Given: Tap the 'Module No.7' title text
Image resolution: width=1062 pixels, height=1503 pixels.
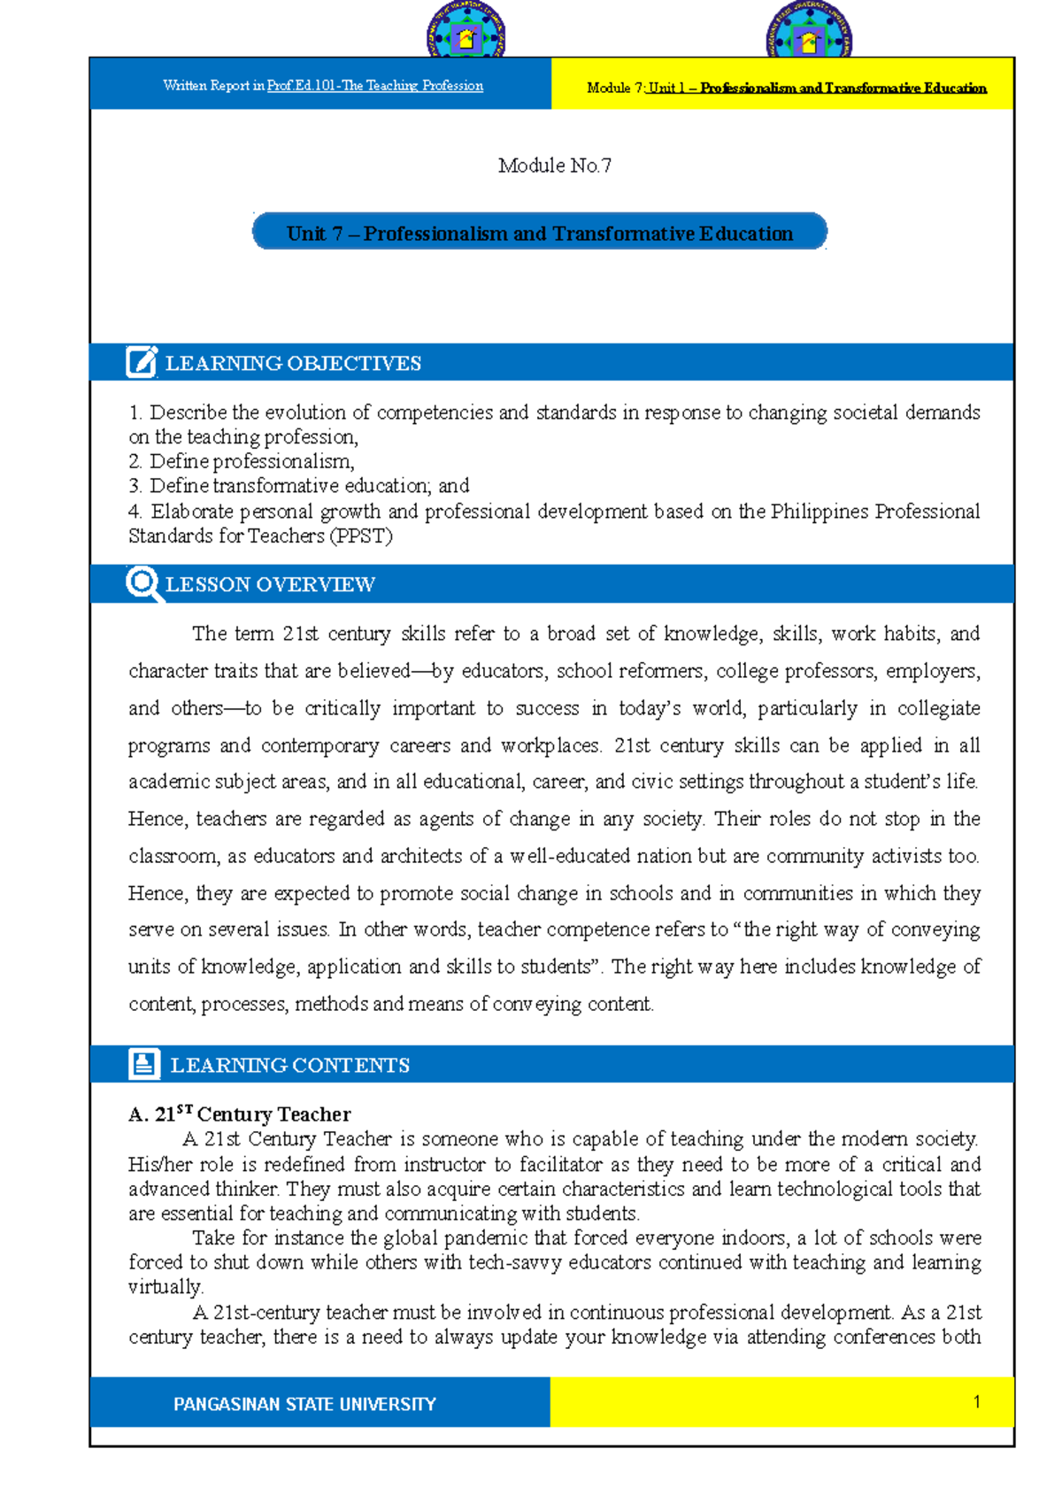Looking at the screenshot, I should (x=554, y=166).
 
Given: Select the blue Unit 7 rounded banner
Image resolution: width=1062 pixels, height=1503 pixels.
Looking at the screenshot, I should (x=540, y=233).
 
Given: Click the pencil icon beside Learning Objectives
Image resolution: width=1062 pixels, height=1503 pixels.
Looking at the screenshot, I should (x=142, y=362).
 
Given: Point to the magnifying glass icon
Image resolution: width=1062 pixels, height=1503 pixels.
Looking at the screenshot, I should (x=143, y=584).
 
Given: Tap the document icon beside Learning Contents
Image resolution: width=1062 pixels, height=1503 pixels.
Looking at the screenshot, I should (x=143, y=1063).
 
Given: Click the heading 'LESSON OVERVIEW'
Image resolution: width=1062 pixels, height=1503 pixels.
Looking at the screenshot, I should (x=270, y=584).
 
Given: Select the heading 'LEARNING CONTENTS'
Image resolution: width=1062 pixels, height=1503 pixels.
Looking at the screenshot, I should (x=289, y=1065).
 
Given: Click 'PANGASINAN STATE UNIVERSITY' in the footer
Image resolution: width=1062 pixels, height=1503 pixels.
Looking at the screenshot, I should (x=304, y=1404).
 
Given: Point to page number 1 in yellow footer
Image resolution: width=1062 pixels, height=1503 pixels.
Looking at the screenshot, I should (x=976, y=1401).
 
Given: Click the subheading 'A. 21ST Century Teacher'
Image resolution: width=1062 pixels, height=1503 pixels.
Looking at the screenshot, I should (x=239, y=1114).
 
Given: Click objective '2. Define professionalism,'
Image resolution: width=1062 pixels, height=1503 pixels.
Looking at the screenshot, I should (x=242, y=461).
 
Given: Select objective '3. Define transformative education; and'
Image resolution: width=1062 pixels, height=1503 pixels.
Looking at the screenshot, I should (x=299, y=486).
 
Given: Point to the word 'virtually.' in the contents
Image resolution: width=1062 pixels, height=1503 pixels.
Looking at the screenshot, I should (x=165, y=1287).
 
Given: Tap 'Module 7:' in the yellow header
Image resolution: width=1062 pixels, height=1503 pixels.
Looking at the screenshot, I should (x=615, y=88).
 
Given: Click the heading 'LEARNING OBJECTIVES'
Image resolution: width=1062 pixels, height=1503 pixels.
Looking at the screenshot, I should (x=293, y=363).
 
